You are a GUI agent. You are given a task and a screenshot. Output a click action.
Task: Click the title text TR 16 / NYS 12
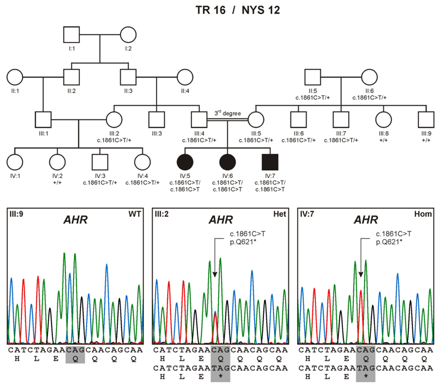(x=220, y=10)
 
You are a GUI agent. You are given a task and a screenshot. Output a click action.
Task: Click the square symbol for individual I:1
(x=71, y=36)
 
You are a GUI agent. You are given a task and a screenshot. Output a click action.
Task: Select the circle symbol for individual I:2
(x=128, y=36)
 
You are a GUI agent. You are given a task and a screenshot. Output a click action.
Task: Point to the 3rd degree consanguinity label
(x=227, y=114)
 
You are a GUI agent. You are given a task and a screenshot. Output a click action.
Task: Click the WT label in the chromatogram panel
(x=137, y=213)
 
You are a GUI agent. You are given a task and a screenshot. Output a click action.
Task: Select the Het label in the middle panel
(x=281, y=213)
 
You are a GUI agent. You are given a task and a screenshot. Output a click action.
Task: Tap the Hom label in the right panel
(x=425, y=213)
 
